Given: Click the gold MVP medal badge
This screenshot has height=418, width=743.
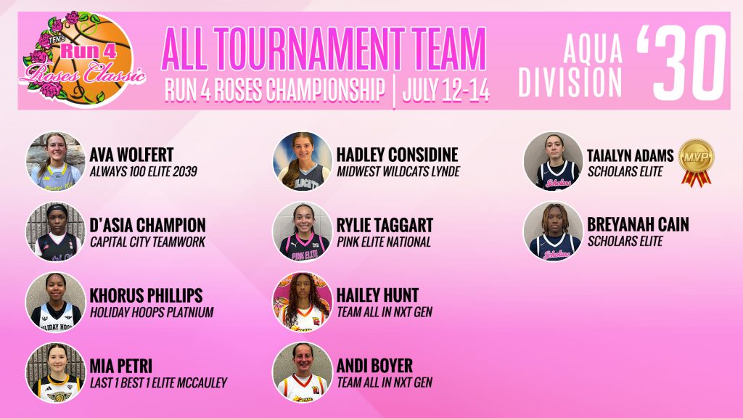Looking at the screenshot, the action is [696, 162].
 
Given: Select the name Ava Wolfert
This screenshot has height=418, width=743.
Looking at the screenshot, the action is [132, 155].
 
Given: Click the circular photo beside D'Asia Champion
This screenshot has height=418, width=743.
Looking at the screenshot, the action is [55, 232].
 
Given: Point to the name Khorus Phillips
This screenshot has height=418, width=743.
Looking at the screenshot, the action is [146, 295].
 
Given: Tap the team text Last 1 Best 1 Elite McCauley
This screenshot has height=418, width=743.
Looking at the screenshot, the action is [159, 382].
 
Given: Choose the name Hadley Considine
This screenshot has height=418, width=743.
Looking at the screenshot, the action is [397, 155].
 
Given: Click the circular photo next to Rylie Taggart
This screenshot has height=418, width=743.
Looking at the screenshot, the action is [303, 231].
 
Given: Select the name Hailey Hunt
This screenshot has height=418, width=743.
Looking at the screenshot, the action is [377, 295].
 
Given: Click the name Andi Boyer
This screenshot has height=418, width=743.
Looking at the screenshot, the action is [374, 366].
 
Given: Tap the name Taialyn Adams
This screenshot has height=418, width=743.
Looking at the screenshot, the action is [631, 155].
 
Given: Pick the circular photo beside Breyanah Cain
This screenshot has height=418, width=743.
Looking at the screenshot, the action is [553, 231].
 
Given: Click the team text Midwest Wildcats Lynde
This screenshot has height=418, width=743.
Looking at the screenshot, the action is [398, 171].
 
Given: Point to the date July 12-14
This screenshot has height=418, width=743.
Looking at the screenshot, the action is [446, 90].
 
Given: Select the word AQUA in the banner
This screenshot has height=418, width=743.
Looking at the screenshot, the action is [593, 49].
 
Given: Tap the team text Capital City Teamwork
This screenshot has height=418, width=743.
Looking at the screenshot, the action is [148, 242].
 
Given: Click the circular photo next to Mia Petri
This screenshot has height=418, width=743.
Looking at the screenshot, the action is [55, 372].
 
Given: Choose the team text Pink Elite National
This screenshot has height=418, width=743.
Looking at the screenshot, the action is [384, 242].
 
